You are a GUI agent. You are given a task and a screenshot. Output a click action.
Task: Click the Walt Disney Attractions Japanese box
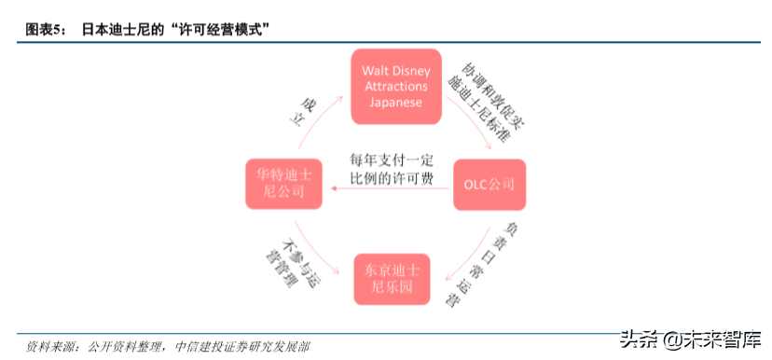[x=396, y=86]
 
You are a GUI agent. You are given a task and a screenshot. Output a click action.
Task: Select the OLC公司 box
[x=489, y=184]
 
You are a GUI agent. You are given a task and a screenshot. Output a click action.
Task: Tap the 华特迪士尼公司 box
[x=283, y=184]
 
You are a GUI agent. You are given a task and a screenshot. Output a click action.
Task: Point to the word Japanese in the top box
[x=396, y=103]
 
